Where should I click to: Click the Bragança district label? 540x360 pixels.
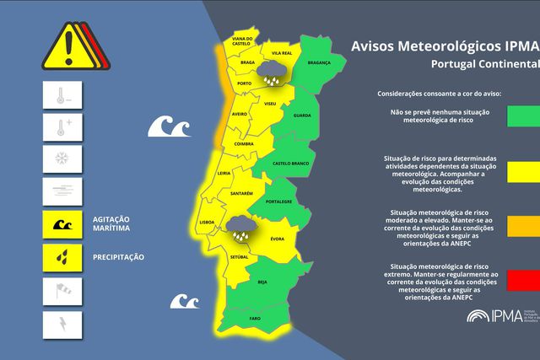319,62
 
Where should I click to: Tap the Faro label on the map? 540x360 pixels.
255,319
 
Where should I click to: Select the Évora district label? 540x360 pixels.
276,239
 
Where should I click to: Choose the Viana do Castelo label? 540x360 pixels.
243,41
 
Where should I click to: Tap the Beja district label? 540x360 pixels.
262,282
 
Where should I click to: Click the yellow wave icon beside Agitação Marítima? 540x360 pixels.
62,224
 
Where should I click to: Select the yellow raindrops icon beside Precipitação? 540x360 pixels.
62,256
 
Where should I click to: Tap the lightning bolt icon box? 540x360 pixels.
62,324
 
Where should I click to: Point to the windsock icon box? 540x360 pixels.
62,291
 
